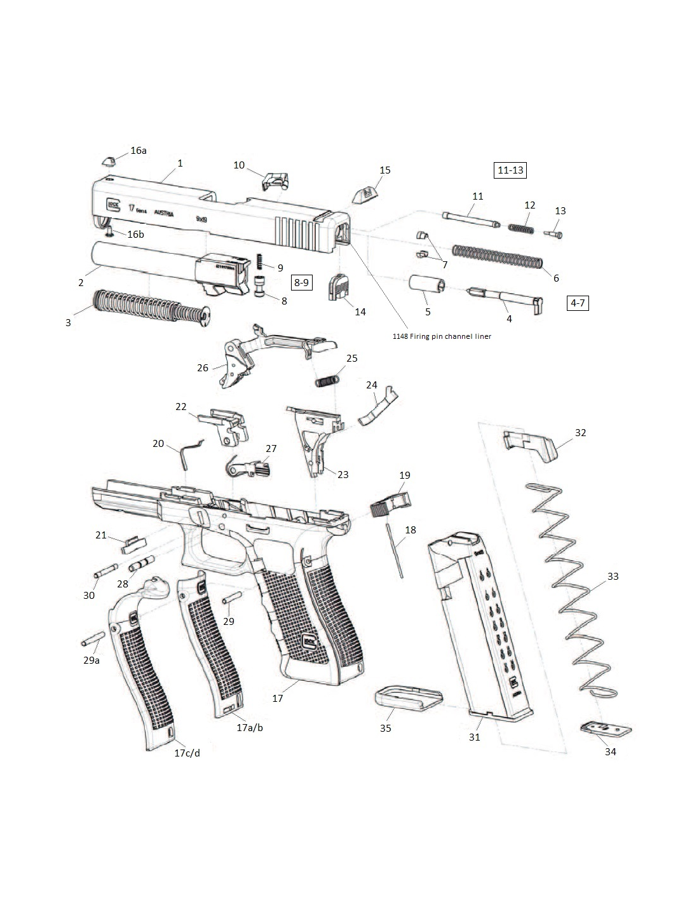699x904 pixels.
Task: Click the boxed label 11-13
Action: (x=510, y=170)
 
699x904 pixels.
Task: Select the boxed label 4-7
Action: (x=578, y=303)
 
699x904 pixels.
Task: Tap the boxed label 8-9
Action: (x=302, y=282)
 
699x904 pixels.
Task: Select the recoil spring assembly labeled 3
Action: (x=153, y=307)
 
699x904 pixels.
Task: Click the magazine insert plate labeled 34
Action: (x=606, y=730)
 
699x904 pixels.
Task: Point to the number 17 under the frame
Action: (x=278, y=698)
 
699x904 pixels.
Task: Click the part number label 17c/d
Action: (x=187, y=753)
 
